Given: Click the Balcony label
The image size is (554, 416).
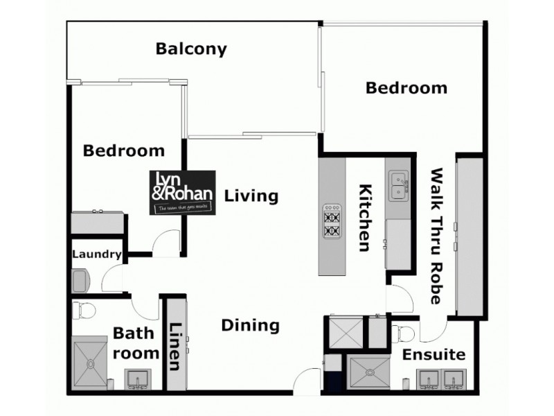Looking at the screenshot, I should click(x=191, y=49).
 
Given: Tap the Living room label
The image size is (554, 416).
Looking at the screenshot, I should click(x=251, y=196).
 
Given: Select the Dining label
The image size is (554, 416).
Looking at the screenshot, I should click(x=251, y=325).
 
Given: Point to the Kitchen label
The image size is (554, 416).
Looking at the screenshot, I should click(x=366, y=217).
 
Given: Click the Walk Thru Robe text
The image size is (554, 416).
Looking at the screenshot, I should click(x=436, y=236).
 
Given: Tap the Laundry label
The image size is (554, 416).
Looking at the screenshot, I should click(x=97, y=255).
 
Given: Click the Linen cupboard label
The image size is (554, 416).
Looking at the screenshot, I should click(x=175, y=347).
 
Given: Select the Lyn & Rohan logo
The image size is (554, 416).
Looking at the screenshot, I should click(x=184, y=191).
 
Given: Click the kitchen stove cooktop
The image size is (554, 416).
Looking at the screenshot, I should click(x=332, y=221).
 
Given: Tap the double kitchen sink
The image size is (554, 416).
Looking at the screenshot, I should click(x=397, y=186).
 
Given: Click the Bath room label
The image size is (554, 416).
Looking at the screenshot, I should click(x=135, y=343).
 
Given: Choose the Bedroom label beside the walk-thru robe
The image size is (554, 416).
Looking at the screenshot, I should click(x=406, y=88).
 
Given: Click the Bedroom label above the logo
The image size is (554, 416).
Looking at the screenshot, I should click(x=124, y=150).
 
